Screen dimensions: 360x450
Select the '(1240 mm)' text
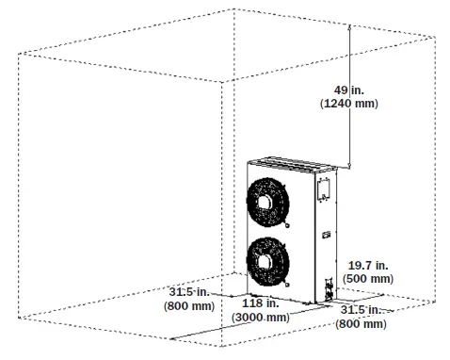click(350, 104)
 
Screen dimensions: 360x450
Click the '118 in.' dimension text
click(259, 304)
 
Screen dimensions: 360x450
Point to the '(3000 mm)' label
click(259, 319)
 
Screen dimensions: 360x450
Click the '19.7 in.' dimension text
click(369, 265)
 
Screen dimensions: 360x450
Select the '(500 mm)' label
click(369, 279)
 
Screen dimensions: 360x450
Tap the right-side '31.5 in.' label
click(362, 309)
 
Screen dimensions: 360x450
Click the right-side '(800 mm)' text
click(361, 323)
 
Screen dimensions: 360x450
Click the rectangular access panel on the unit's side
click(322, 188)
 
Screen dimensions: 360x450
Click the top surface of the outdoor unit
click(292, 165)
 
